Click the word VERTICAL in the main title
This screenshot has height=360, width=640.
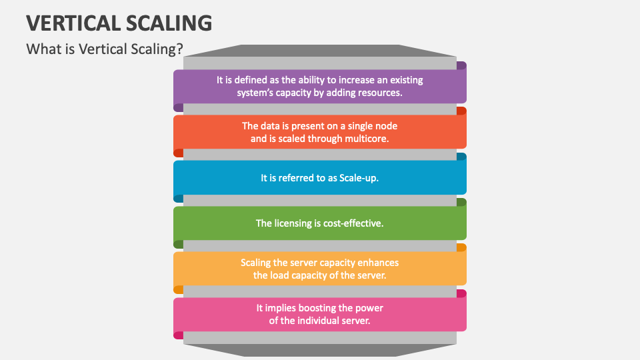tap(72, 23)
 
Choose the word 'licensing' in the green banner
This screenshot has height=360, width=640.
tap(291, 223)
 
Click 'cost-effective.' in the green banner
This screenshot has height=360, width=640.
tap(353, 223)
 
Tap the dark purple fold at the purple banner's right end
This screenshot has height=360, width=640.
tap(461, 65)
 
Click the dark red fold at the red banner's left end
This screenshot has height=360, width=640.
tap(178, 153)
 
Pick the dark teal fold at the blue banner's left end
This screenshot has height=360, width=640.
tap(178, 198)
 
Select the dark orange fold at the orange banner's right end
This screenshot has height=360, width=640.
tap(461, 247)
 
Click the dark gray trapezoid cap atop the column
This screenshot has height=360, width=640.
tap(320, 51)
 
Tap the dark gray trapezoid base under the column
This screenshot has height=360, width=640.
tap(320, 350)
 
